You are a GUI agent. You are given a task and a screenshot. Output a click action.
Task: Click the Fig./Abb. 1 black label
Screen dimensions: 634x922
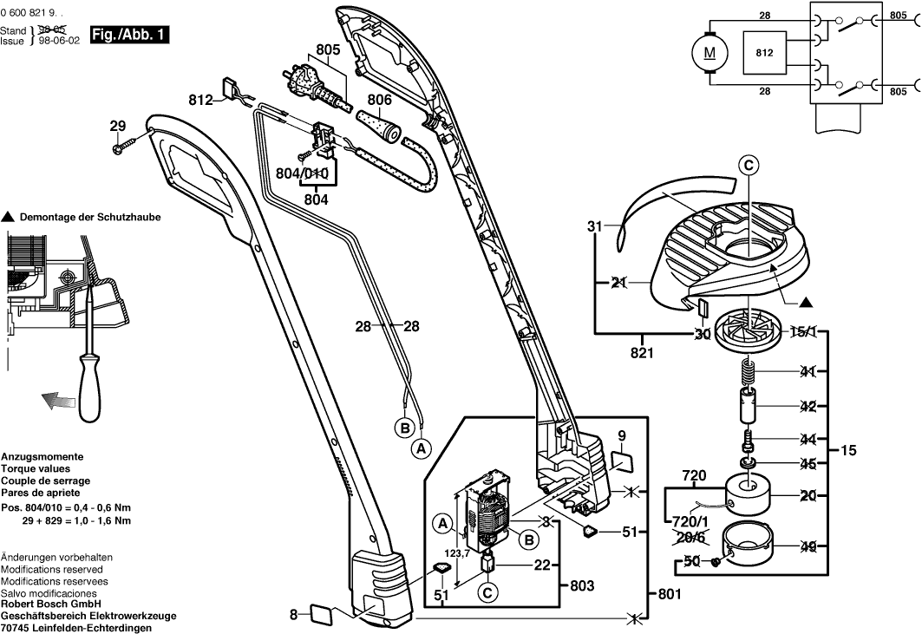[130, 36]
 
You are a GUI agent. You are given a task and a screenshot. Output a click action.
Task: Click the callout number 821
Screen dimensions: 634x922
[642, 353]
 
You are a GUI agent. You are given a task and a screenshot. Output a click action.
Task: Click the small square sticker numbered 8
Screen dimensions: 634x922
[322, 615]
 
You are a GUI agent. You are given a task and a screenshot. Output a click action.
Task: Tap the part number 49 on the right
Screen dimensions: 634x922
[808, 547]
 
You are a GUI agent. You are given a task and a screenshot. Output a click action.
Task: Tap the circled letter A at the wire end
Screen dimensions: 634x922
[421, 448]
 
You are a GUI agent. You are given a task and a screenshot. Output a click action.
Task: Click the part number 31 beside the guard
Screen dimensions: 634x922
[594, 226]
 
